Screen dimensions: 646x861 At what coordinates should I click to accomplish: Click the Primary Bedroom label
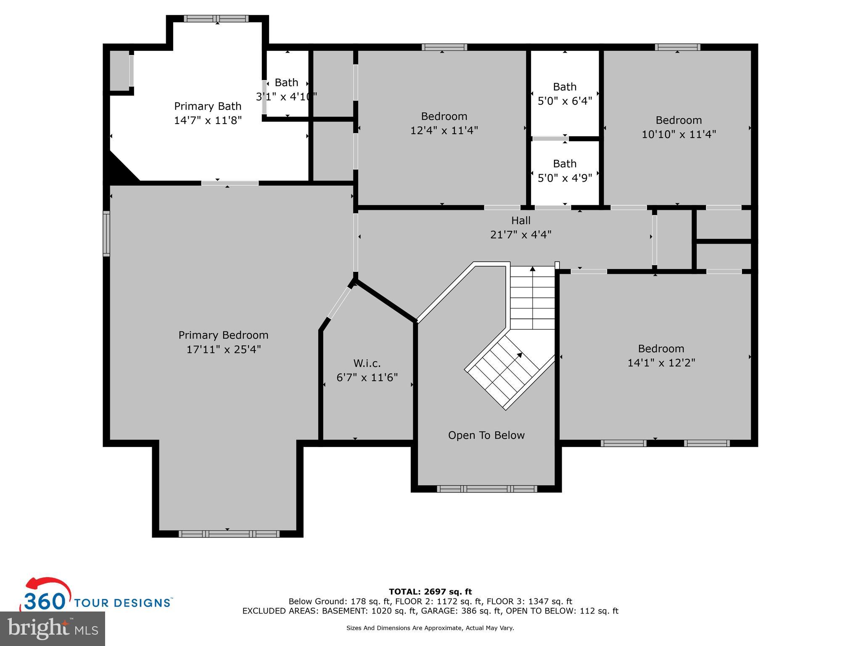click(x=223, y=335)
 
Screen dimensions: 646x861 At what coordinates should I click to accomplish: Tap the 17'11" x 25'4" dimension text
click(x=224, y=349)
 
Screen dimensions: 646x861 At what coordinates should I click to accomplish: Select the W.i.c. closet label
click(x=367, y=363)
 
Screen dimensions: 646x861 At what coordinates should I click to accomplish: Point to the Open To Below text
click(x=486, y=435)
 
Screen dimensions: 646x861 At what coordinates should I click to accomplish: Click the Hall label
click(x=521, y=220)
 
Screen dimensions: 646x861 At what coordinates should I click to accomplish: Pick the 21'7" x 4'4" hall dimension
click(x=521, y=235)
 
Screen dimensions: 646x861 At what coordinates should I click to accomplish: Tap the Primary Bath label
click(x=208, y=106)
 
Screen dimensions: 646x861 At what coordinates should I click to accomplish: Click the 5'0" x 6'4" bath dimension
click(x=565, y=101)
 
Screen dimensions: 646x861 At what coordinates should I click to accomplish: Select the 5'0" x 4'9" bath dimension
click(x=565, y=178)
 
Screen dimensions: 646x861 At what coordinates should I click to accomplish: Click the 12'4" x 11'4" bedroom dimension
click(x=444, y=130)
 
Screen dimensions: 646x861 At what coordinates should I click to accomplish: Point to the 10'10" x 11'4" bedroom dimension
click(x=679, y=135)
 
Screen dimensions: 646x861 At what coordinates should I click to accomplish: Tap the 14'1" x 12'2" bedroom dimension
click(x=661, y=363)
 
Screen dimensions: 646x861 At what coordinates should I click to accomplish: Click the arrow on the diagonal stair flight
click(x=519, y=355)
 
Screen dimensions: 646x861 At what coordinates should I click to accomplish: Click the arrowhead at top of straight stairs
click(x=533, y=268)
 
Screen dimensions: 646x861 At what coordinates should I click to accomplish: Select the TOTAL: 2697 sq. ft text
click(x=430, y=592)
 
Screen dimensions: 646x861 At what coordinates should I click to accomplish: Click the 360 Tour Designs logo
click(x=97, y=597)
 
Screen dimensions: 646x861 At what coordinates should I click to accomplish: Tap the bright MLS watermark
click(x=53, y=628)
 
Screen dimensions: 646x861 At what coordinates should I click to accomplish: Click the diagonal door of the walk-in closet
click(x=339, y=303)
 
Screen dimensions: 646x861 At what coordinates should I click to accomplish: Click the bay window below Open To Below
click(x=487, y=489)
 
